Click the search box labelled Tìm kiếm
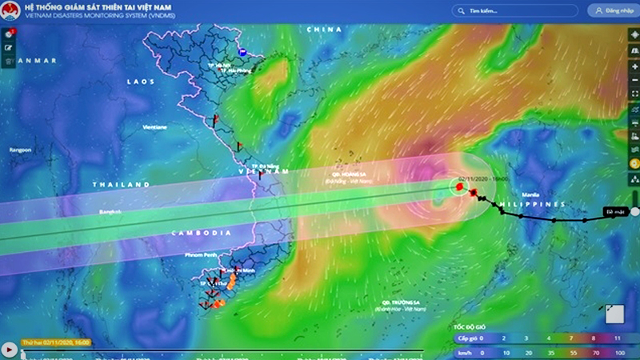pyautogui.click(x=512, y=11)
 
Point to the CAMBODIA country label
pyautogui.click(x=199, y=233)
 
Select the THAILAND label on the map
pyautogui.click(x=121, y=185)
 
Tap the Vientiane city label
pyautogui.click(x=154, y=127)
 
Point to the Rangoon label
pyautogui.click(x=20, y=150)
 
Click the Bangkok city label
pyautogui.click(x=110, y=212)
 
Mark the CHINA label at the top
pyautogui.click(x=324, y=30)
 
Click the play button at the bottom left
pyautogui.click(x=9, y=349)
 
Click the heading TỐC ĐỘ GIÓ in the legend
pyautogui.click(x=470, y=327)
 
